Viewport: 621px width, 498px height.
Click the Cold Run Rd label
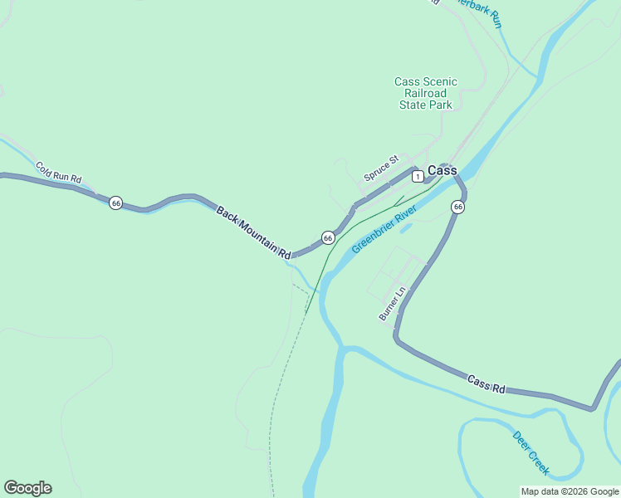pos(58,173)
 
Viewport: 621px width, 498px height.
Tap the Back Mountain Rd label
pos(254,232)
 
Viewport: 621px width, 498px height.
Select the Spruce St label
pos(381,168)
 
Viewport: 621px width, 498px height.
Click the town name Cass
pos(443,171)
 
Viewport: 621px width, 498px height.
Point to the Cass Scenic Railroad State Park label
pos(425,94)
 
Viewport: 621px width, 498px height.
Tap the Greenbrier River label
pos(383,232)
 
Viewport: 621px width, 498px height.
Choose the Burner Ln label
pos(392,303)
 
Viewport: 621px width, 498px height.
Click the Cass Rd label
pos(486,383)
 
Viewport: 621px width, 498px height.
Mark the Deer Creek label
pos(531,452)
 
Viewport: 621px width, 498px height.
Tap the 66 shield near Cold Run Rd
pos(116,203)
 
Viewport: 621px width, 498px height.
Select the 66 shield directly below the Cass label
pos(457,206)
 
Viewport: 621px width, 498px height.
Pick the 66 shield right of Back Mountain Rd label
pos(328,238)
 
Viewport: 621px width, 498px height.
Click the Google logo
pos(27,488)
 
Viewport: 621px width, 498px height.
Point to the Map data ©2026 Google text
pos(570,491)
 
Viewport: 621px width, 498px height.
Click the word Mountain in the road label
pos(252,230)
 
